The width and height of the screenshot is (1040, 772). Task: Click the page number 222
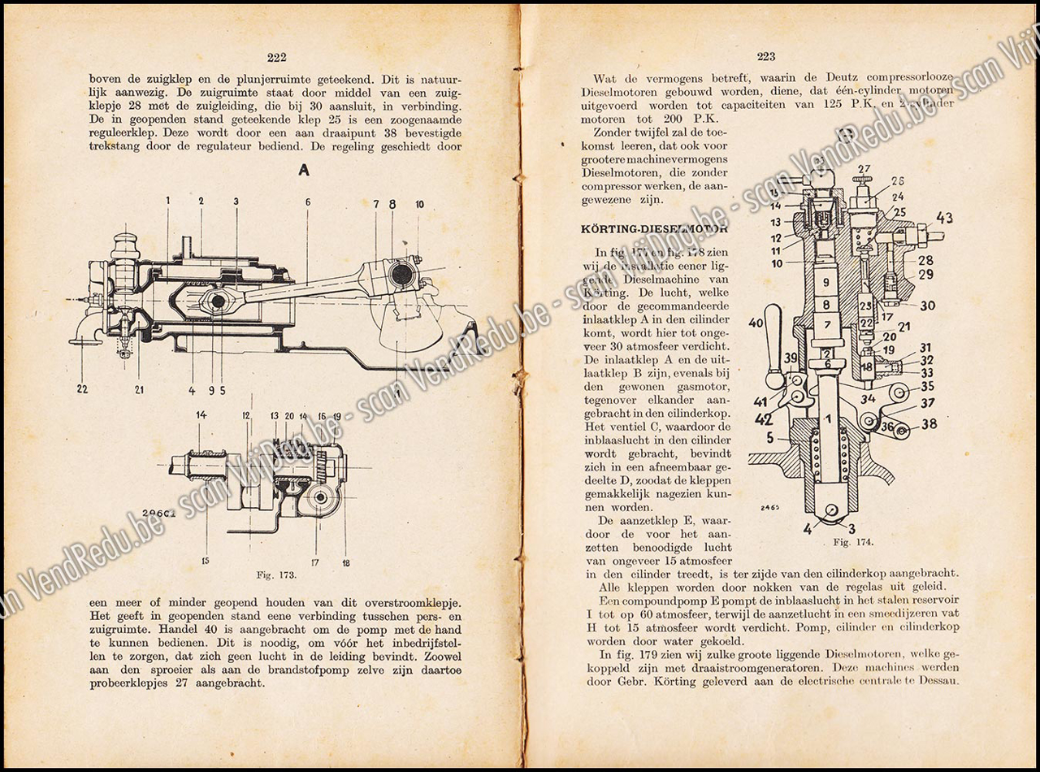[276, 57]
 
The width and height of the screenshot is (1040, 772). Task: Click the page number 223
[766, 56]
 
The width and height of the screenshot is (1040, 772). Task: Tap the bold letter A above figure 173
[305, 170]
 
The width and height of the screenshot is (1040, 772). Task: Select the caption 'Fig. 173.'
[275, 575]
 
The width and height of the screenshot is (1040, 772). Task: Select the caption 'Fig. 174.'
[852, 542]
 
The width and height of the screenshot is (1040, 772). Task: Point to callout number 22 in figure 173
[82, 389]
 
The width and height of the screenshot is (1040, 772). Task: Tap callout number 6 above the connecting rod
[308, 203]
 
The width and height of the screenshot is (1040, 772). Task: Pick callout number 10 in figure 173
[419, 205]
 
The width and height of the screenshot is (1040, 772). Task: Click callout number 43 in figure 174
[943, 218]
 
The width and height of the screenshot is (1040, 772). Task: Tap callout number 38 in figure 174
[928, 423]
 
